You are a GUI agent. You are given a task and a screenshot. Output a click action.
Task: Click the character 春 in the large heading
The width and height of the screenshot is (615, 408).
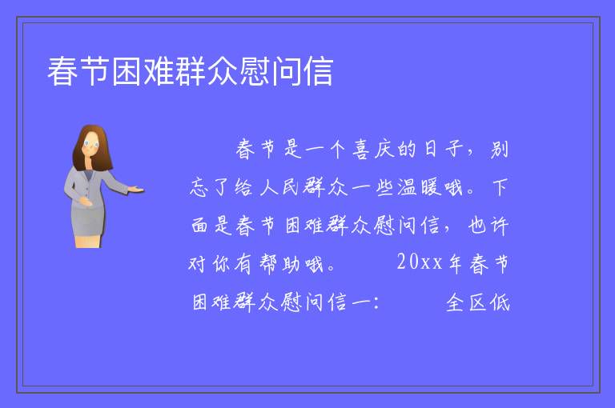pos(62,71)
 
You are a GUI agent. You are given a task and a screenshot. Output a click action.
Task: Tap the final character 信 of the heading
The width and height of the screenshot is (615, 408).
pos(318,71)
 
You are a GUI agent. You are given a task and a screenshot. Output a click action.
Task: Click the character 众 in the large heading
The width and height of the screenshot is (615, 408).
pos(222,71)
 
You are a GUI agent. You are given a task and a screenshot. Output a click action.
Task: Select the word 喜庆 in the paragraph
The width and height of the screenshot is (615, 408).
pos(373,150)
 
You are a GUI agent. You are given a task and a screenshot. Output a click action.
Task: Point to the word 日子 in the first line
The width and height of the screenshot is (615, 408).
pos(442,150)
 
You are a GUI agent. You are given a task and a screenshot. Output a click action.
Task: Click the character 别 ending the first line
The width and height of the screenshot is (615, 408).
pos(500,150)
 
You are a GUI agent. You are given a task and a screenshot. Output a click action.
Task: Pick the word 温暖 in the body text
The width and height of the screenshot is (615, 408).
pos(418,187)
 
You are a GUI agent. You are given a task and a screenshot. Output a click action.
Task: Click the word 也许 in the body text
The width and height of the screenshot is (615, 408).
pos(488,226)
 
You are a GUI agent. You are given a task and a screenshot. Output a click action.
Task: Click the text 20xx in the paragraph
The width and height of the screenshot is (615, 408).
pos(420,262)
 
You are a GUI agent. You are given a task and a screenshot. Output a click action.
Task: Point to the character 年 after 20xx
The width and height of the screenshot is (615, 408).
pos(455,263)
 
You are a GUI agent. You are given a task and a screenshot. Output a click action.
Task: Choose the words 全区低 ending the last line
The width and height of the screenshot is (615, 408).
pos(478,302)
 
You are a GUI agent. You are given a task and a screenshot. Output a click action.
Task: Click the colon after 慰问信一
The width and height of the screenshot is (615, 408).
pos(376,302)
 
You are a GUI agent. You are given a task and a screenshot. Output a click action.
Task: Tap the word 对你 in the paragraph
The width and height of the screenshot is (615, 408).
pos(209,263)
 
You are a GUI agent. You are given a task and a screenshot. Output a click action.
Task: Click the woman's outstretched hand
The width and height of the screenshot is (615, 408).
pos(136,190)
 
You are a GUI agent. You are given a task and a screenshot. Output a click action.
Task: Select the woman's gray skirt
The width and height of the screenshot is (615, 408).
pos(88,220)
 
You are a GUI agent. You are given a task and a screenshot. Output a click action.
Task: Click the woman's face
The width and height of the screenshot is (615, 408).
pos(91,144)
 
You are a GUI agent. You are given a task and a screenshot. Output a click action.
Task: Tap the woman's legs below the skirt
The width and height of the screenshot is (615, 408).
pos(88,241)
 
